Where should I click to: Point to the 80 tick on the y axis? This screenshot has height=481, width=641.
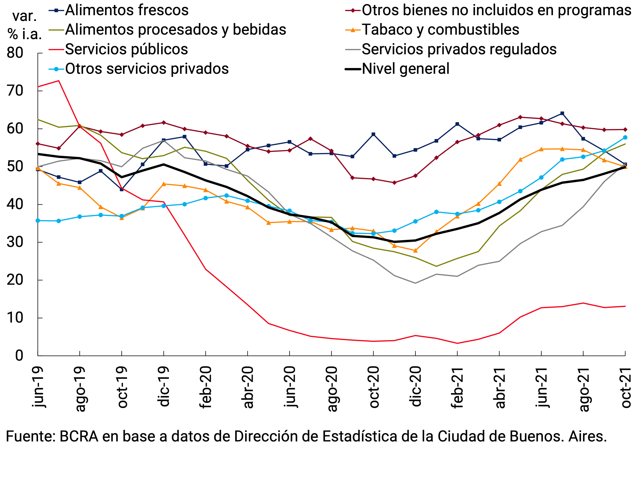tap(15, 53)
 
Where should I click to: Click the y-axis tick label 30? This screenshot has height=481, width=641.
tap(15, 242)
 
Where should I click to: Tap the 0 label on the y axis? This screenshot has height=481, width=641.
tap(19, 356)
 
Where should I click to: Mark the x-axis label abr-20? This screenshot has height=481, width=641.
tap(248, 387)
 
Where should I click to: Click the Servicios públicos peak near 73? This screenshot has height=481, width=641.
tap(59, 81)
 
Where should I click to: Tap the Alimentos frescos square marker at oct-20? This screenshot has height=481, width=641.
tap(373, 134)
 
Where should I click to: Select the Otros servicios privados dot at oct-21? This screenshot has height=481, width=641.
tap(625, 138)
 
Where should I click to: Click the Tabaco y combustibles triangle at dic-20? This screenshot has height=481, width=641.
tap(415, 250)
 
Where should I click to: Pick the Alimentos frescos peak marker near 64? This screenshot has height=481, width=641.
tap(562, 113)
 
